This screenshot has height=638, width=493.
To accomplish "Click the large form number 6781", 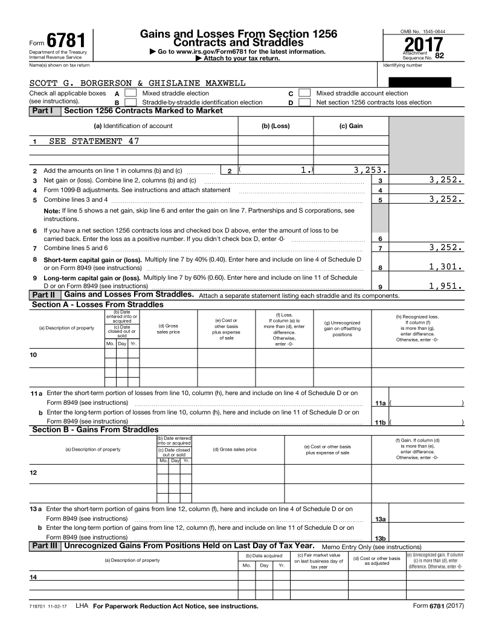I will (x=65, y=40).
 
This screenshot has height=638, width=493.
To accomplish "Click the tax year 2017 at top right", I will (x=423, y=45).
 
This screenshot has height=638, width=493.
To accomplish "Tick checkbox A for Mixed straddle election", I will (x=130, y=94).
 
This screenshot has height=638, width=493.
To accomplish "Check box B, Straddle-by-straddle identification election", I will (x=130, y=103).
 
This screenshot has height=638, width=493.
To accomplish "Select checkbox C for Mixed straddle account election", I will (x=305, y=94).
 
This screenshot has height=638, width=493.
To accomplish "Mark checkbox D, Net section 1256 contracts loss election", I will (x=305, y=103).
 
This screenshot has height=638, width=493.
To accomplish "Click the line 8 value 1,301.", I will (x=446, y=266).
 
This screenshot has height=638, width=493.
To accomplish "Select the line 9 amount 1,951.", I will (x=446, y=286).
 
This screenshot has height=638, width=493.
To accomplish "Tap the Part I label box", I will (x=45, y=111).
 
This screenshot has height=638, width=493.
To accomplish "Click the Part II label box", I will (x=45, y=295).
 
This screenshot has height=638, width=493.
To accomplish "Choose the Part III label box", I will (x=46, y=546).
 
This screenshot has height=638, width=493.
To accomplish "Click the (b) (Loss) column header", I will (x=275, y=126).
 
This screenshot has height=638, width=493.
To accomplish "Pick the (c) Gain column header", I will (x=351, y=126).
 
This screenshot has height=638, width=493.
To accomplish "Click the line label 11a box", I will (x=380, y=403).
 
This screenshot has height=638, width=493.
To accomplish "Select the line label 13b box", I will (x=380, y=538).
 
